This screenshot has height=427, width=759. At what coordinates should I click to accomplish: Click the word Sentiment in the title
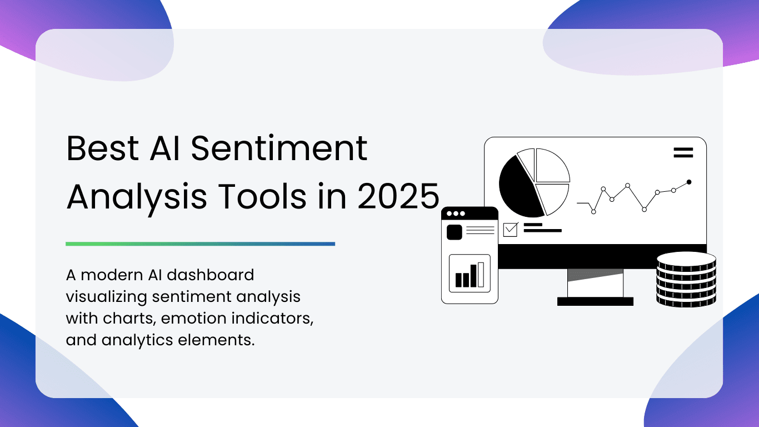(x=279, y=148)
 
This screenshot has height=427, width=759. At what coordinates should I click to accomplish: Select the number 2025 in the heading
(x=398, y=196)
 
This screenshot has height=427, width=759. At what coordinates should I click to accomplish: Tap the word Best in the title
(x=103, y=148)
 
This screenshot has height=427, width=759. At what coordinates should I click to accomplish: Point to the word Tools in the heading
(x=262, y=196)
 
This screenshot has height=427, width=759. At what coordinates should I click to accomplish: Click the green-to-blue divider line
(x=200, y=244)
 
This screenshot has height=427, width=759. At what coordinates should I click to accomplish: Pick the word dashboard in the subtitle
(x=211, y=275)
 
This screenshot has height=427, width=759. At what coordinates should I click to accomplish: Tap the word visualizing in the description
(x=106, y=297)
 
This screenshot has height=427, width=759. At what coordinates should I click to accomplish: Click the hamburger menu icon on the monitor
(x=683, y=153)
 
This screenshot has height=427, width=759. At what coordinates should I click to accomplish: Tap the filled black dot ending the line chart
(x=689, y=182)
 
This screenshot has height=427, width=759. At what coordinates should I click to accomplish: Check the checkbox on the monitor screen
(x=510, y=230)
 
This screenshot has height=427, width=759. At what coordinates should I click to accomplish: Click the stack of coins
(x=686, y=280)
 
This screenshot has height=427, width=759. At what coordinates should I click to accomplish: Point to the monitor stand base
(x=595, y=301)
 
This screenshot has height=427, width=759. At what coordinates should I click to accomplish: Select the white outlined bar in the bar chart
(x=481, y=275)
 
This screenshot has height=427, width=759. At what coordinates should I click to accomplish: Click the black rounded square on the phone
(x=455, y=232)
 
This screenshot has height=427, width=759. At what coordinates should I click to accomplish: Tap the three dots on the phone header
(x=456, y=213)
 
